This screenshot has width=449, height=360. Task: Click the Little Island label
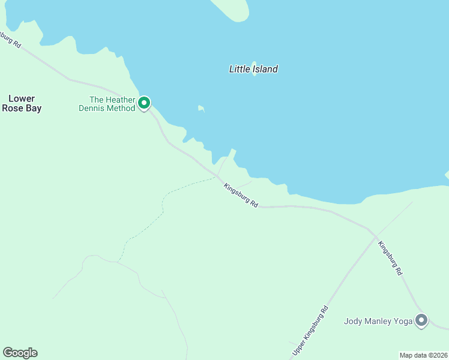(253, 69)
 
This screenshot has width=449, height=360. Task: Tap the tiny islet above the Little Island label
(254, 62)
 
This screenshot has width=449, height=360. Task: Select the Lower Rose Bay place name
(22, 103)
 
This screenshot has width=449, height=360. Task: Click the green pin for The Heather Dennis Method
(144, 103)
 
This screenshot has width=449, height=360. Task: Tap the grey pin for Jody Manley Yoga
(421, 320)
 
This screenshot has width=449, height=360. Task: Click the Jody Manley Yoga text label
(378, 321)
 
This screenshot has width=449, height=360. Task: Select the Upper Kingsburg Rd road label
(310, 329)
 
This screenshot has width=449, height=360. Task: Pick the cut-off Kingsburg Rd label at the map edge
(10, 40)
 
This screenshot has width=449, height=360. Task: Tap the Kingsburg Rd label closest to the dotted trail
(241, 196)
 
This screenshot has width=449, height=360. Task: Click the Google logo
(20, 353)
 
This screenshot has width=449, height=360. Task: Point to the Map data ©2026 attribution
(423, 355)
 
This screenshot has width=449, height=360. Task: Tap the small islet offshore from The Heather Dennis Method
(201, 109)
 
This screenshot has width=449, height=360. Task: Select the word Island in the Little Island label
(265, 69)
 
